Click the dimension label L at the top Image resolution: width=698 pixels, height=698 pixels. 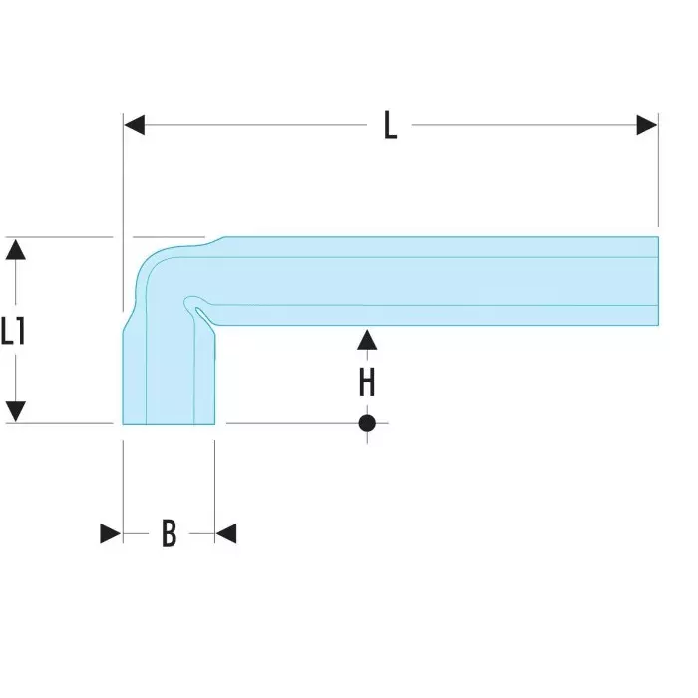(x=390, y=127)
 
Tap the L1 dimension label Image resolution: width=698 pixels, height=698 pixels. (x=13, y=330)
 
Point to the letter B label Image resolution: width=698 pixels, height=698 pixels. (x=169, y=534)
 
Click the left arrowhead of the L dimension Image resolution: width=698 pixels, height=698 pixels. (x=135, y=125)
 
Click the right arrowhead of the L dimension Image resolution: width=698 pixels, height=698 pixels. (x=647, y=125)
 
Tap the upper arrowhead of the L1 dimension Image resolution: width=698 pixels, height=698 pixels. (x=14, y=249)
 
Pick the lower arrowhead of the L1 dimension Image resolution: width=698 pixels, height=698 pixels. (x=14, y=410)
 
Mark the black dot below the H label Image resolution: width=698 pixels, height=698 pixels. (x=367, y=423)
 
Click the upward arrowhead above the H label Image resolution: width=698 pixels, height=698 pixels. (x=367, y=340)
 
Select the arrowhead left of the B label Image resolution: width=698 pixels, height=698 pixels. (x=111, y=534)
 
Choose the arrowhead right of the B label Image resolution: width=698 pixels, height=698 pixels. (x=226, y=534)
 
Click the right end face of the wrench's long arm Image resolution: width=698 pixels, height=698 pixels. (x=657, y=281)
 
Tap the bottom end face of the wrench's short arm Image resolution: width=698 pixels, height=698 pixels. (x=168, y=423)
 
